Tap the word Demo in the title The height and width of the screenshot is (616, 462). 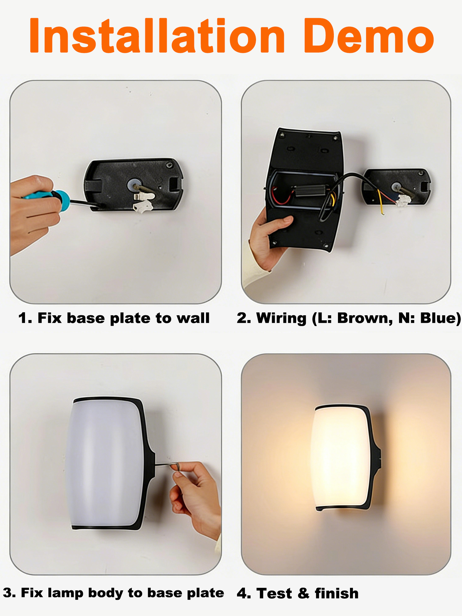[x=369, y=35]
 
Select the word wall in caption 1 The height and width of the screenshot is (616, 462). [x=193, y=318]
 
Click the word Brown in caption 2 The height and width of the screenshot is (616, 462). [x=365, y=318]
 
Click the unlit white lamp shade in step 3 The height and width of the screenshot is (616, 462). [x=104, y=463]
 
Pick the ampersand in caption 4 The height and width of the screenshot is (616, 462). [x=303, y=593]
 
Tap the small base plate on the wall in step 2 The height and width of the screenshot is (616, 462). [x=396, y=187]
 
